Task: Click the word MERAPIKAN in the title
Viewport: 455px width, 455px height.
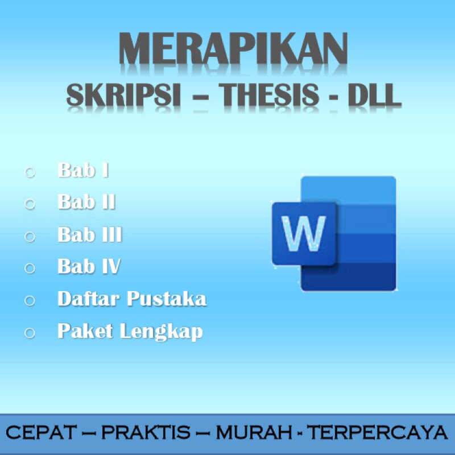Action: pyautogui.click(x=233, y=51)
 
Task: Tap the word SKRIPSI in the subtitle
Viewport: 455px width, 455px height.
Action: pyautogui.click(x=124, y=95)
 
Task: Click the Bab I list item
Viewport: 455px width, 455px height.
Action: pyautogui.click(x=83, y=170)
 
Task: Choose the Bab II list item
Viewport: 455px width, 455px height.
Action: pyautogui.click(x=86, y=202)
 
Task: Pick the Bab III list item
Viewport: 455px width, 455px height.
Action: pyautogui.click(x=90, y=234)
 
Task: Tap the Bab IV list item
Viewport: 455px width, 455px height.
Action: pyautogui.click(x=89, y=266)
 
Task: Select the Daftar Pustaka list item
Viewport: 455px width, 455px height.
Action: pyautogui.click(x=131, y=299)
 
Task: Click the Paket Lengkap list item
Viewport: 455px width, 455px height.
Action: pyautogui.click(x=130, y=331)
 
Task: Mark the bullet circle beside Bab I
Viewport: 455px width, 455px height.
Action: pyautogui.click(x=30, y=171)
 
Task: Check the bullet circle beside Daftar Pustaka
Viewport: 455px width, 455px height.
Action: pyautogui.click(x=30, y=300)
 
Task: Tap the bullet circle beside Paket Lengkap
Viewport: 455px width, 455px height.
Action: pyautogui.click(x=30, y=332)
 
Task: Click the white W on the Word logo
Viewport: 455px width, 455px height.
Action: pyautogui.click(x=304, y=233)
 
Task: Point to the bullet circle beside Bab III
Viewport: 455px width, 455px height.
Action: pyautogui.click(x=30, y=235)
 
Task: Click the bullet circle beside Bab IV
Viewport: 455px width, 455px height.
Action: pyautogui.click(x=30, y=267)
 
